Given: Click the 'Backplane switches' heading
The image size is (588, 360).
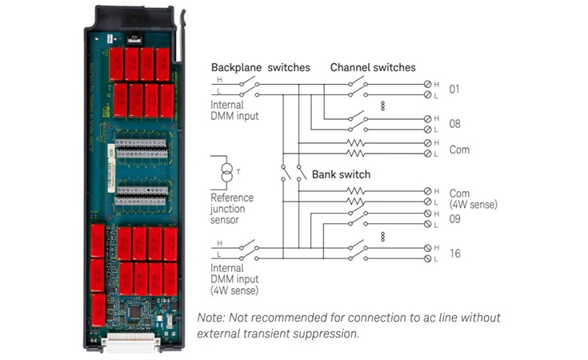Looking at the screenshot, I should (260, 68).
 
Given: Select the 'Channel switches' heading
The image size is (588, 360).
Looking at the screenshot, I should (373, 68).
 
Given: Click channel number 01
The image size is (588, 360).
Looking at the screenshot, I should (454, 89).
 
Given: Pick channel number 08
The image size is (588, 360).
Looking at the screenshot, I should (454, 124).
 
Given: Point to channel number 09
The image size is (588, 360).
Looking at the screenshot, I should (454, 218).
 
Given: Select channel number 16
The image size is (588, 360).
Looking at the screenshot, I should (454, 254).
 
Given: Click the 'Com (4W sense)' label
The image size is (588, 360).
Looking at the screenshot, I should (473, 199).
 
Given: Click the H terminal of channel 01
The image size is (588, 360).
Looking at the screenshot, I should (427, 84).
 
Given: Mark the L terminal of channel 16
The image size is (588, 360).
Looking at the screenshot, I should (427, 259).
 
